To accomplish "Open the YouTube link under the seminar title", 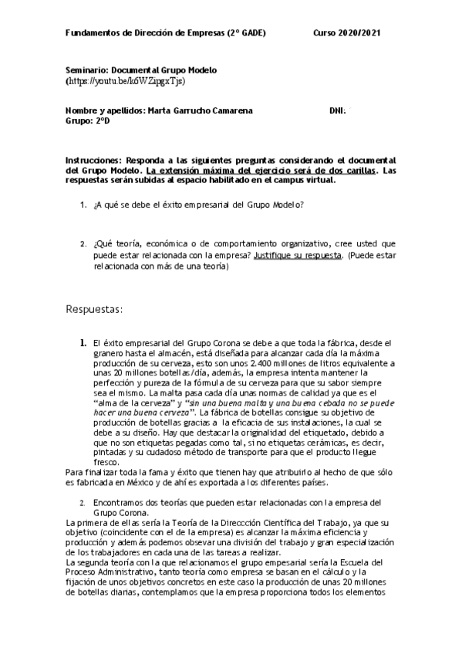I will pos(126,80).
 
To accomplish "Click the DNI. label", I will pos(336,110).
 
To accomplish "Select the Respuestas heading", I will pos(95,309).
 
